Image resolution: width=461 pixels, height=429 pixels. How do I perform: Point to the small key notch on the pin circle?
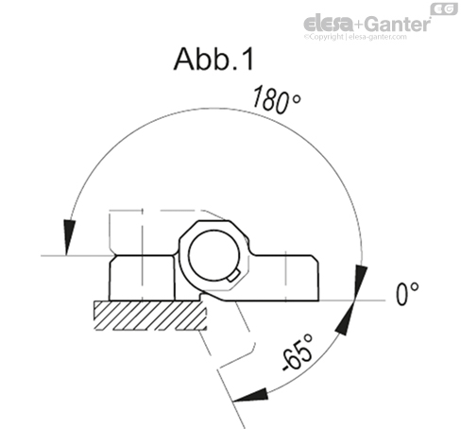click(232, 276)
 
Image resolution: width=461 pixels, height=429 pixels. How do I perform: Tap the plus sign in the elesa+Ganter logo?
click(355, 24)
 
